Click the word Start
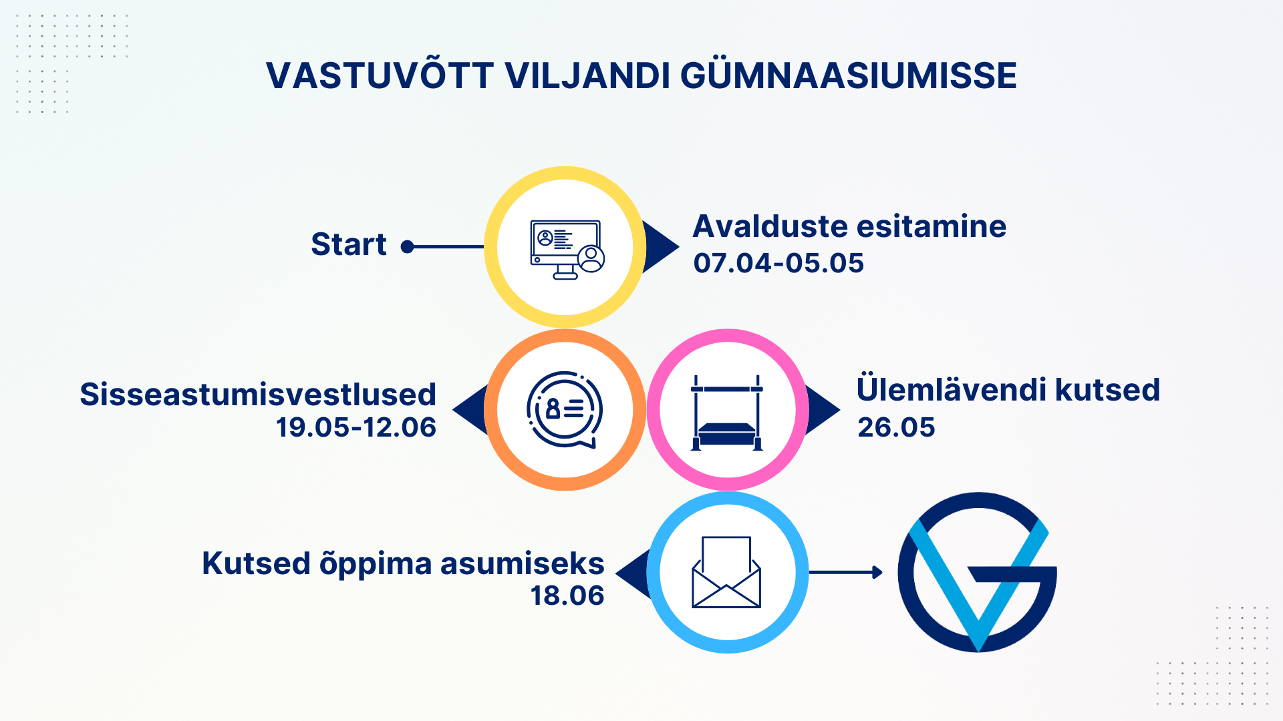pos(349,244)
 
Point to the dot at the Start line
pos(407,247)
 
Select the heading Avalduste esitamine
pos(849,226)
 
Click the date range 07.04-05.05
pos(778,263)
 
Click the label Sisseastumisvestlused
pos(258,394)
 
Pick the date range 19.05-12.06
pos(356,427)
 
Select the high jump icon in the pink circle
pos(727,413)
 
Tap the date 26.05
pos(896,427)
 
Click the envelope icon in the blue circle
pos(726,572)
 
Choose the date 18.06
pos(567,595)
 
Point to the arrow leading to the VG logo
pos(846,572)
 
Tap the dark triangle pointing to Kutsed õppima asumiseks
pos(633,573)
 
